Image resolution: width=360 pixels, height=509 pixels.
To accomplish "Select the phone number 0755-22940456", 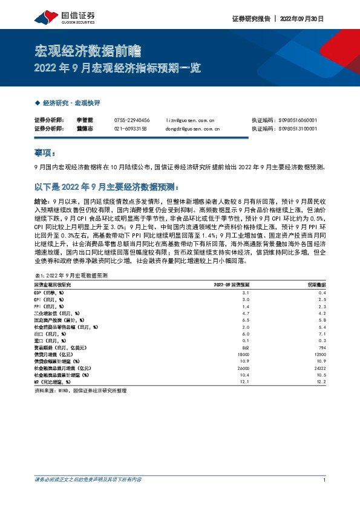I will [132, 120].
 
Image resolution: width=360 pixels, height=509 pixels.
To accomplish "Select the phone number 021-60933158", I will [130, 129].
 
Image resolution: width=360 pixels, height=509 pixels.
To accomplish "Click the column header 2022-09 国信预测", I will [232, 284].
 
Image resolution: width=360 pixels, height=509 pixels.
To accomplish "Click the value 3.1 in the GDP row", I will [245, 292].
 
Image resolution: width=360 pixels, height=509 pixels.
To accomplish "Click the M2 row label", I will [53, 382].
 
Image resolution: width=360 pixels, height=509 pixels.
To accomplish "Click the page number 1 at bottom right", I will [325, 479].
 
